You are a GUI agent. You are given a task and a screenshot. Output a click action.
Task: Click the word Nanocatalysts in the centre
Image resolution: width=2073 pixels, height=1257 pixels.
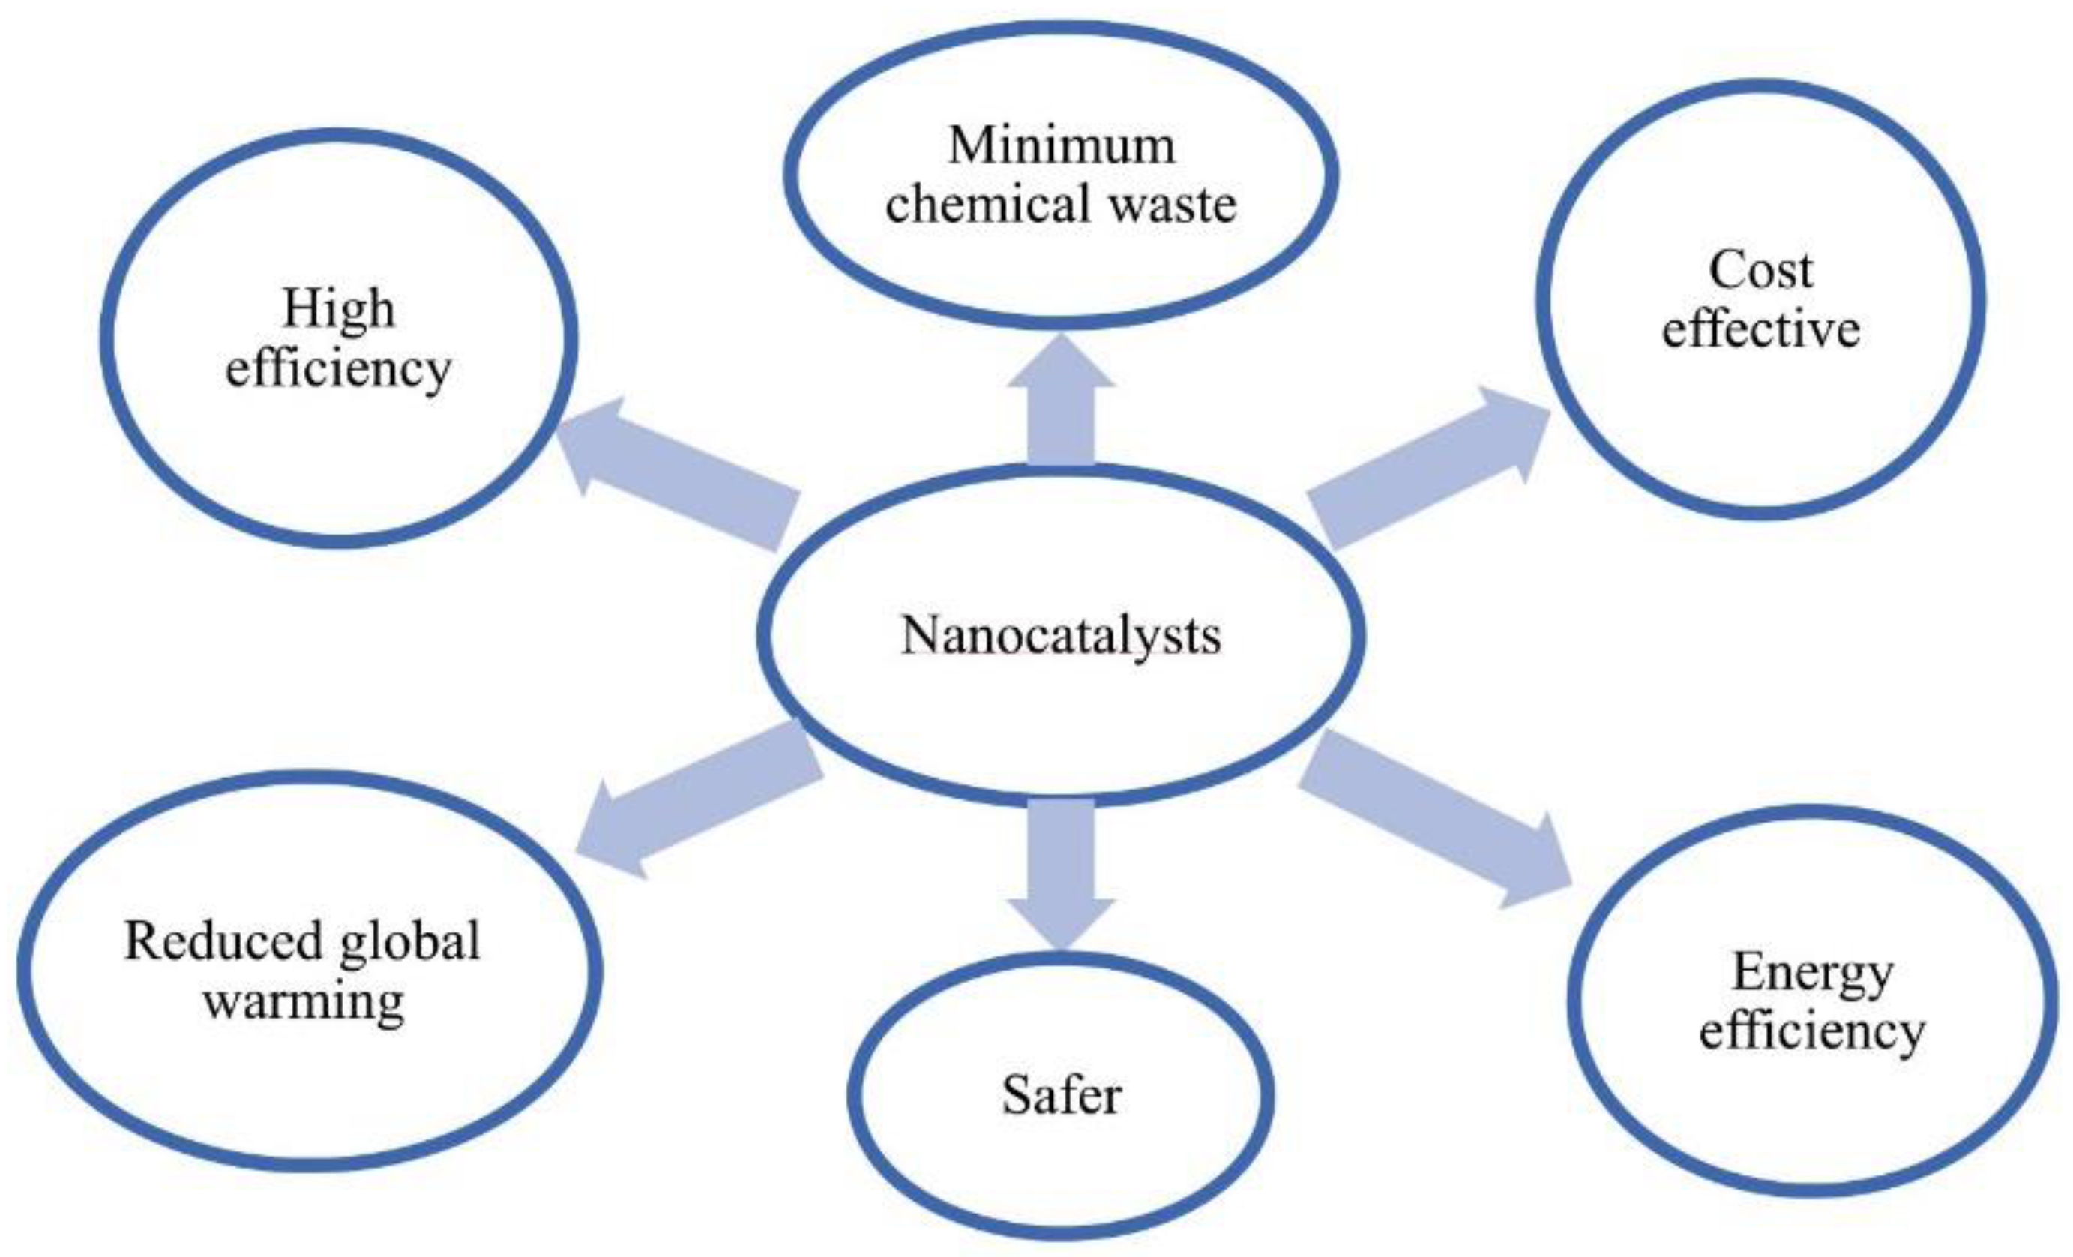point(1060,637)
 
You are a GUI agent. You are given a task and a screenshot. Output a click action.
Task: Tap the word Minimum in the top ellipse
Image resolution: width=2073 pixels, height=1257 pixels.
point(1062,145)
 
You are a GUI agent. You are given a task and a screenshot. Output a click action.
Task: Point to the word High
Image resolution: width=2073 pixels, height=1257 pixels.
point(338,310)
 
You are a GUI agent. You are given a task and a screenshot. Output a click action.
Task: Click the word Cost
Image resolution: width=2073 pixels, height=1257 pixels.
point(1760,271)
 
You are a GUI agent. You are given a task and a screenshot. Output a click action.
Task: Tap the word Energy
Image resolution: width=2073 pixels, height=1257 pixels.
point(1812,973)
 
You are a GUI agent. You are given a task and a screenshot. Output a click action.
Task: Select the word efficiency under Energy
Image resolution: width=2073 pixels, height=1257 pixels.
point(1812,1030)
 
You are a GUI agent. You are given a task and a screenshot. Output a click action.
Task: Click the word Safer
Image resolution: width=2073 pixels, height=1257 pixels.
point(1061,1096)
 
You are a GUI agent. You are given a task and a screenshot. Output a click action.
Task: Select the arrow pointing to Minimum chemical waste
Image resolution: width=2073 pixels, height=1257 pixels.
point(1061,403)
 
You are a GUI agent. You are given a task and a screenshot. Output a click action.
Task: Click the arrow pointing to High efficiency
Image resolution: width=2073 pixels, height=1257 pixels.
point(673,471)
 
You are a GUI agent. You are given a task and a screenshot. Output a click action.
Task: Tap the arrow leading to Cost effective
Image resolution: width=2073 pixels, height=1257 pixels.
point(1430,471)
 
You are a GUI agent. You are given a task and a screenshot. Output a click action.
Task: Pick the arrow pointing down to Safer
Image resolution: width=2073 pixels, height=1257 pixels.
point(1061,871)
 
